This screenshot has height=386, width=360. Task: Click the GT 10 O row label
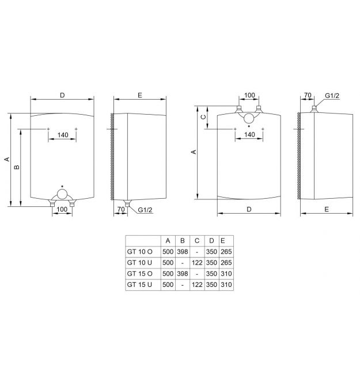(139, 252)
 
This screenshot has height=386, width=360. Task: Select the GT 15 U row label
(139, 285)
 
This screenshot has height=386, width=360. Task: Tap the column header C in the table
(197, 240)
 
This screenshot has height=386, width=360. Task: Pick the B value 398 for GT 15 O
(183, 274)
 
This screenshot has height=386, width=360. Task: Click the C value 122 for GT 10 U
(197, 263)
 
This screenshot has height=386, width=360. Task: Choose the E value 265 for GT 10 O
(226, 252)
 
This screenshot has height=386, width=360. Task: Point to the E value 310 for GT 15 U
(226, 285)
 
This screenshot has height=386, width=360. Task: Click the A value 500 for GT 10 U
(168, 263)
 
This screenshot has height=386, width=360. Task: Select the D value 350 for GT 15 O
(211, 274)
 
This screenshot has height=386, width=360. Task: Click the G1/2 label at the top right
(332, 96)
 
